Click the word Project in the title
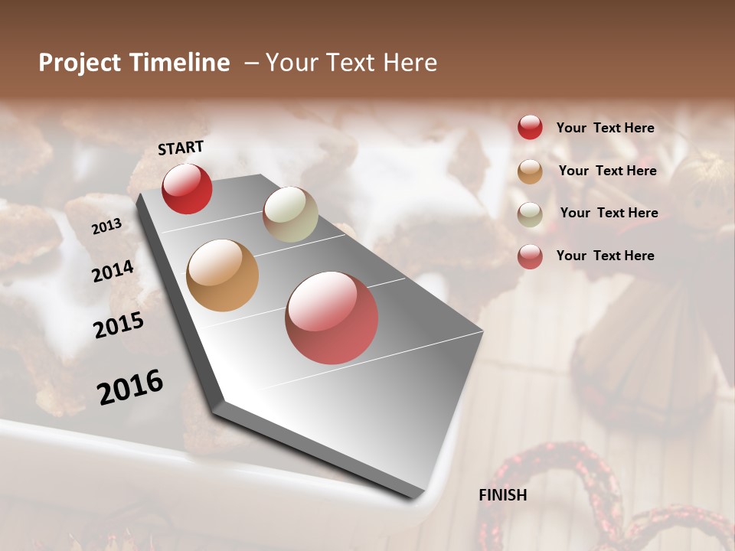[79, 64]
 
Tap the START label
[181, 148]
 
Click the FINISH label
[503, 495]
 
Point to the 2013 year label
[106, 227]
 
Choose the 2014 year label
[113, 272]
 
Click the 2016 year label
[130, 387]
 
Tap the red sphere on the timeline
[187, 188]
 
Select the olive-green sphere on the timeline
[290, 214]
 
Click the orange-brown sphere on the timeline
[222, 275]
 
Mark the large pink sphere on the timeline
[332, 318]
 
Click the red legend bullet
[530, 128]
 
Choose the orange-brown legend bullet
[530, 171]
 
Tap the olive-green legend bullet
[530, 214]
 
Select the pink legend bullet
[530, 256]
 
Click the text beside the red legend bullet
[606, 128]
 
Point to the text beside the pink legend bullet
[606, 256]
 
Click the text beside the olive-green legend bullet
[609, 213]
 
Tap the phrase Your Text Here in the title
[351, 63]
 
